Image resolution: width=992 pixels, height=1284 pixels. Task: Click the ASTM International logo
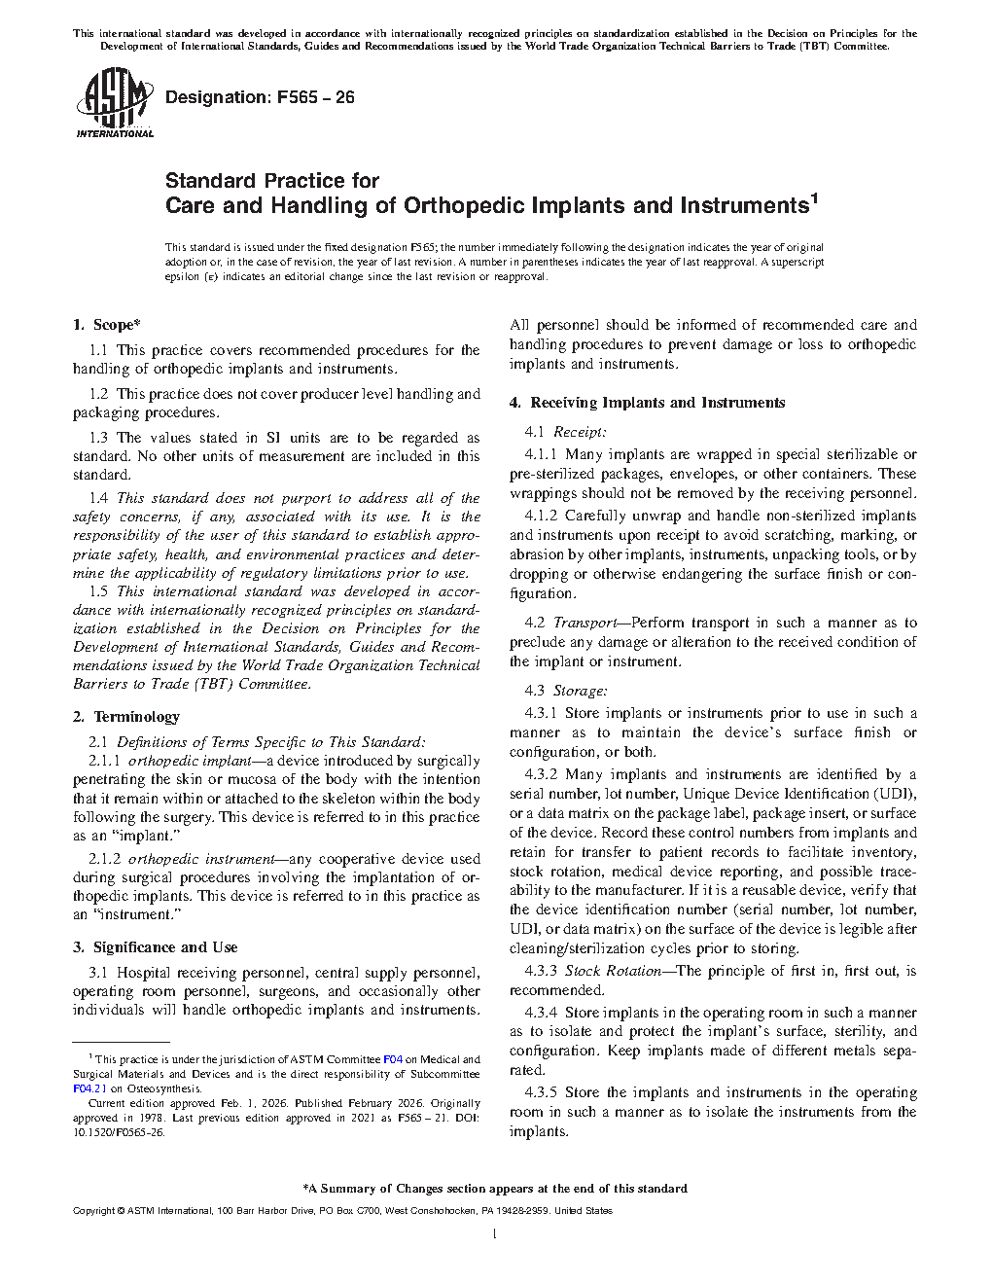point(115,102)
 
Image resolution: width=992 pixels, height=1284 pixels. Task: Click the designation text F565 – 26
point(260,97)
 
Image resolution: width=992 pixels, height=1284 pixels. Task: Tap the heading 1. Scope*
point(106,325)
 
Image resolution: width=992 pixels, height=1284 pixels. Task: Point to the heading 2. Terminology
point(125,717)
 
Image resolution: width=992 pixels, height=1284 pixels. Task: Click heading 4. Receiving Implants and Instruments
point(647,403)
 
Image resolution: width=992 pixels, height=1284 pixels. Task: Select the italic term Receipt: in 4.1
point(580,432)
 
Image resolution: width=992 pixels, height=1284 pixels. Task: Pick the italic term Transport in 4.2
point(585,623)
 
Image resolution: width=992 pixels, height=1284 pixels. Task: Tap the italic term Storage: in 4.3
point(581,691)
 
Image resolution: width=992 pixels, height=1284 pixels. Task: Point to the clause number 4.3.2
point(541,775)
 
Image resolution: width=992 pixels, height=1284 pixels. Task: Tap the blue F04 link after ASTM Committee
point(392,1059)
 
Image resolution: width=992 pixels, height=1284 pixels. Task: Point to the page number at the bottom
point(495,1234)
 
